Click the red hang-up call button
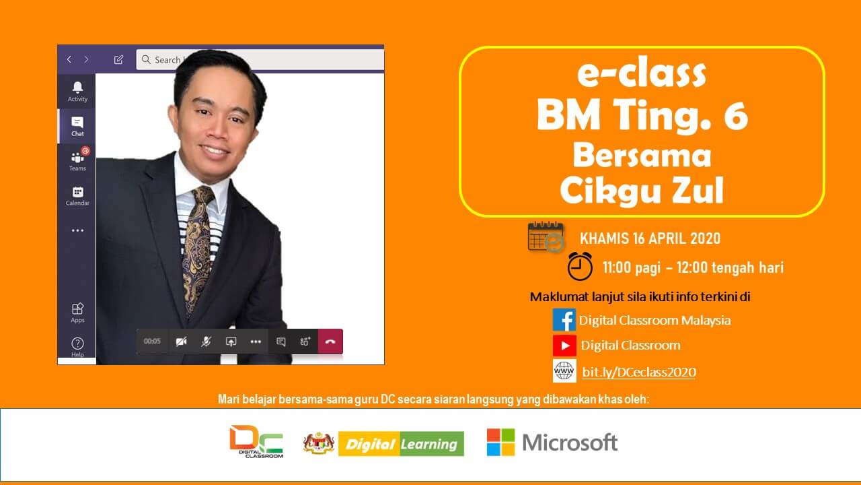[330, 342]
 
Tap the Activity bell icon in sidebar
[77, 88]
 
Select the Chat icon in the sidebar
[77, 123]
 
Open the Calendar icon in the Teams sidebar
[77, 192]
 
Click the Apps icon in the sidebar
[77, 309]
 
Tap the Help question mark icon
[77, 344]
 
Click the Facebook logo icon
[564, 320]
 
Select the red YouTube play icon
[564, 346]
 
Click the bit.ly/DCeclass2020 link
[639, 373]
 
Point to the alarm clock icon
[580, 266]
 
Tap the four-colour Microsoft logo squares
[500, 443]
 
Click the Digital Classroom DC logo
[256, 441]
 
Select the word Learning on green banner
[429, 444]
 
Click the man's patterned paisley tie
[197, 247]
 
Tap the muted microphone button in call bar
[206, 342]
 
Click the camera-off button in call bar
[182, 342]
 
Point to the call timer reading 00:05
[152, 342]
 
